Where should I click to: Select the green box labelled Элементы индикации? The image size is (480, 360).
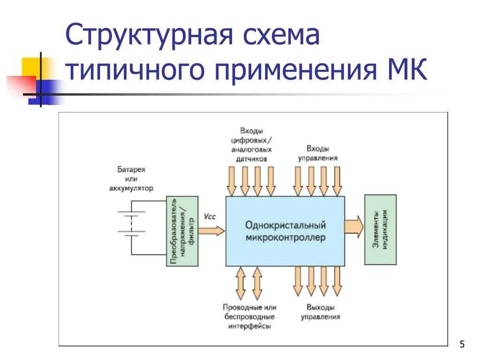point(380,230)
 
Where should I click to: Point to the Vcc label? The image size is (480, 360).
point(210,216)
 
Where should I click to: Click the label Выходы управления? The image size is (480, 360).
point(321,312)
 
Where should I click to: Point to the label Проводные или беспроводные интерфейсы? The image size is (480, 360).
point(249,317)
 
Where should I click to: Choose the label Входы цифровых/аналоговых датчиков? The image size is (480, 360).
point(251,144)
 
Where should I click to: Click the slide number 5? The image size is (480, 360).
point(462,345)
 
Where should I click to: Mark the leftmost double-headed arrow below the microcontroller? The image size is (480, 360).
point(240,283)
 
